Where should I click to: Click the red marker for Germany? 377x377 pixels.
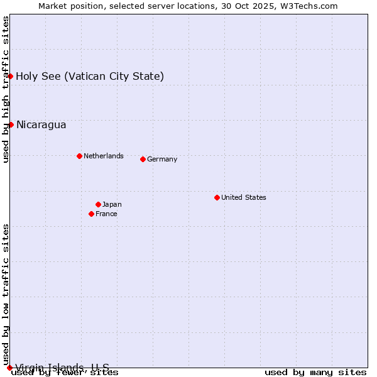pyautogui.click(x=143, y=159)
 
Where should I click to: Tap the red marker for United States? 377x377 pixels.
pyautogui.click(x=217, y=197)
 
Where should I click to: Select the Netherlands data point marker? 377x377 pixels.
pyautogui.click(x=79, y=156)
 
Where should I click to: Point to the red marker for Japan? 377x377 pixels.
pyautogui.click(x=98, y=204)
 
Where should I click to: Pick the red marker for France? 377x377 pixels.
pyautogui.click(x=91, y=214)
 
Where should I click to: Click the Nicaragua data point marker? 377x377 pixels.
pyautogui.click(x=11, y=124)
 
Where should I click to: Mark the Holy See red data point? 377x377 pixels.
pyautogui.click(x=11, y=76)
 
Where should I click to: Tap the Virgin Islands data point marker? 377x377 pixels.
pyautogui.click(x=10, y=368)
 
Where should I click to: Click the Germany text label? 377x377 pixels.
pyautogui.click(x=162, y=160)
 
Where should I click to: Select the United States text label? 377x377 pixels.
pyautogui.click(x=244, y=197)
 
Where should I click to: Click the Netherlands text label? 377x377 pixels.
pyautogui.click(x=104, y=156)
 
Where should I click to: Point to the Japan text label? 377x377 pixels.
pyautogui.click(x=112, y=204)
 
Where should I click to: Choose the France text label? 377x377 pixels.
pyautogui.click(x=106, y=214)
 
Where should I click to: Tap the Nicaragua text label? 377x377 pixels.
pyautogui.click(x=41, y=124)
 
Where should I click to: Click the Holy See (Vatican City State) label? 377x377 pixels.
pyautogui.click(x=90, y=76)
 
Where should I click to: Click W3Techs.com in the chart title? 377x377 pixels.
pyautogui.click(x=309, y=6)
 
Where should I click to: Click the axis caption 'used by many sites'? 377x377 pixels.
pyautogui.click(x=315, y=373)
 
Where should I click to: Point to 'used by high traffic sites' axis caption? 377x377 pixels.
pyautogui.click(x=6, y=89)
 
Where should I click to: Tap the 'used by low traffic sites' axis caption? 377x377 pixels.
pyautogui.click(x=6, y=294)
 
